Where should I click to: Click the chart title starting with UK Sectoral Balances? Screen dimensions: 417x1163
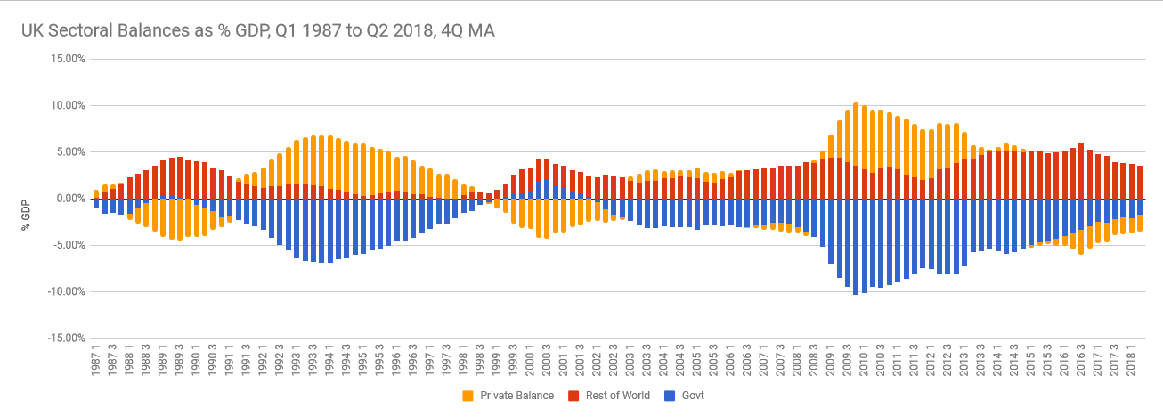tap(258, 30)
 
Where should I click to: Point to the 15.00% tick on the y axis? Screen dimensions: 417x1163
tap(67, 59)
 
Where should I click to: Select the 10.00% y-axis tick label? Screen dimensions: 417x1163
tap(67, 105)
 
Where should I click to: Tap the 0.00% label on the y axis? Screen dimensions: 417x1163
tap(69, 199)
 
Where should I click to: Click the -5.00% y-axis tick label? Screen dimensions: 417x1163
tap(68, 245)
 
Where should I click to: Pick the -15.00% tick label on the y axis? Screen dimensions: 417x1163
tap(65, 338)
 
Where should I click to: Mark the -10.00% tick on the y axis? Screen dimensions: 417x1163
tap(65, 291)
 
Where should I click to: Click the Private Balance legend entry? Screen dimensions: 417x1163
tap(516, 396)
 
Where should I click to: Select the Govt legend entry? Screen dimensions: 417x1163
tap(690, 396)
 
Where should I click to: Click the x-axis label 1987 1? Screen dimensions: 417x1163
tap(96, 364)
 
